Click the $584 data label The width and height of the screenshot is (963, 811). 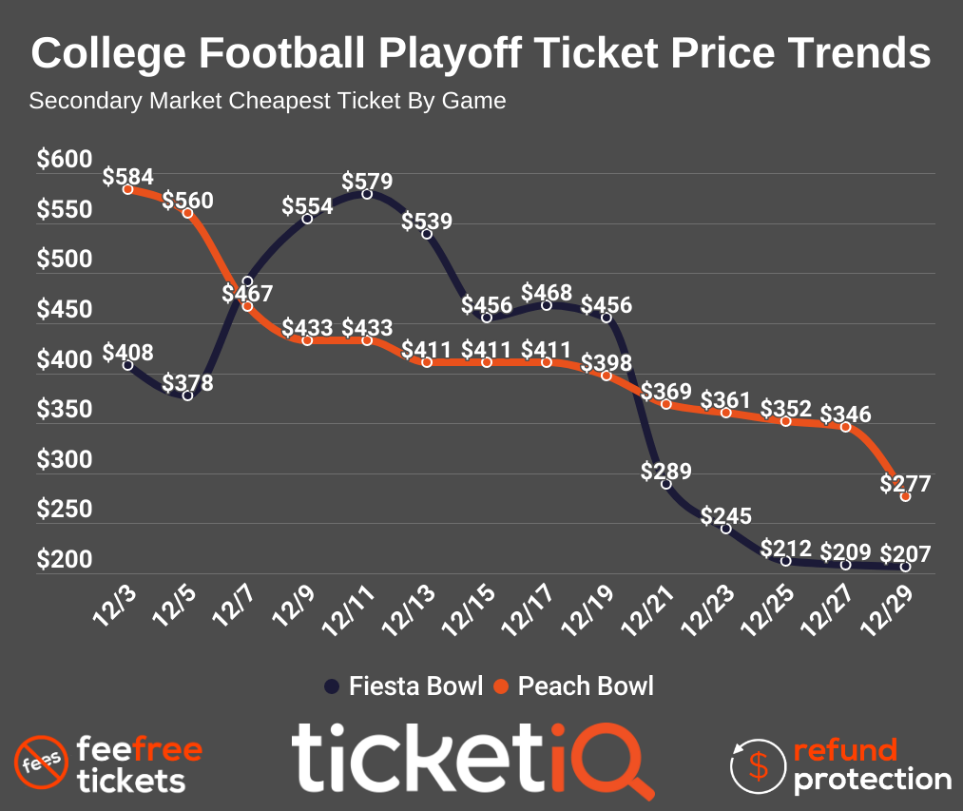coord(128,176)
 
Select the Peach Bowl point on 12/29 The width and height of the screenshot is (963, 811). coord(905,496)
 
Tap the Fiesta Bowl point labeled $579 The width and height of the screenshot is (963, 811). coord(367,194)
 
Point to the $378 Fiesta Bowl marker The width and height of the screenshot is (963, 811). coord(188,396)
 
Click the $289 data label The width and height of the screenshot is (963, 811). coord(666,471)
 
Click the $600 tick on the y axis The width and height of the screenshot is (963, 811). coord(65,160)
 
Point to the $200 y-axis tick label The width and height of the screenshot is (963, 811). coord(65,560)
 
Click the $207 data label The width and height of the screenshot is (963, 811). coord(905,552)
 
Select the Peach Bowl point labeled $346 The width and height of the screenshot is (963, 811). coord(845,427)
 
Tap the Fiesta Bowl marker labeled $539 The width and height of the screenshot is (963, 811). coord(427,234)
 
